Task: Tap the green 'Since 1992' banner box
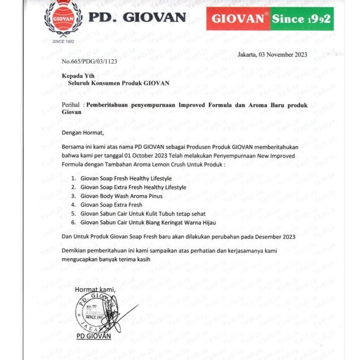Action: (301, 19)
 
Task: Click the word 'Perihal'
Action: (71, 105)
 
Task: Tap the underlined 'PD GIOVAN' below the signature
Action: (94, 336)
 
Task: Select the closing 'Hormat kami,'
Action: (95, 290)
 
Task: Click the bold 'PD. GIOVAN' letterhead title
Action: (137, 17)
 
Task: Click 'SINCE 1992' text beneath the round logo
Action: (63, 41)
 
